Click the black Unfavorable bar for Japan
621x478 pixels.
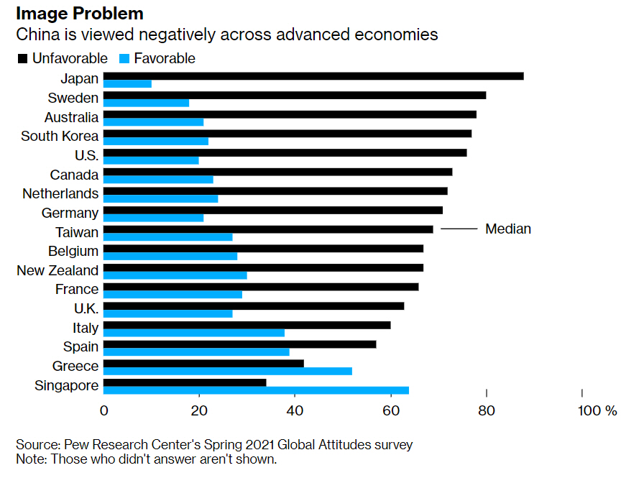[313, 76]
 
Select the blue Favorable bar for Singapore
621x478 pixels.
[256, 390]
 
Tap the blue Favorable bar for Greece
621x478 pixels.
[228, 371]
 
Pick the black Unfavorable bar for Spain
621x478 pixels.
[239, 344]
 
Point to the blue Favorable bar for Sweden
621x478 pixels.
[146, 103]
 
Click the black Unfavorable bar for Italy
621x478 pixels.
[247, 325]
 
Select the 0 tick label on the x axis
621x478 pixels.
[104, 411]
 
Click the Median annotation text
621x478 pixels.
[508, 229]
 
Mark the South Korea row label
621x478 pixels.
[60, 136]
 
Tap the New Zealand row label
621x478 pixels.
[57, 270]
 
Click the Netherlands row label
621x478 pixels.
[60, 193]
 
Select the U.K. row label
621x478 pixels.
[82, 308]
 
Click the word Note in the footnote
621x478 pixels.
[31, 459]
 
